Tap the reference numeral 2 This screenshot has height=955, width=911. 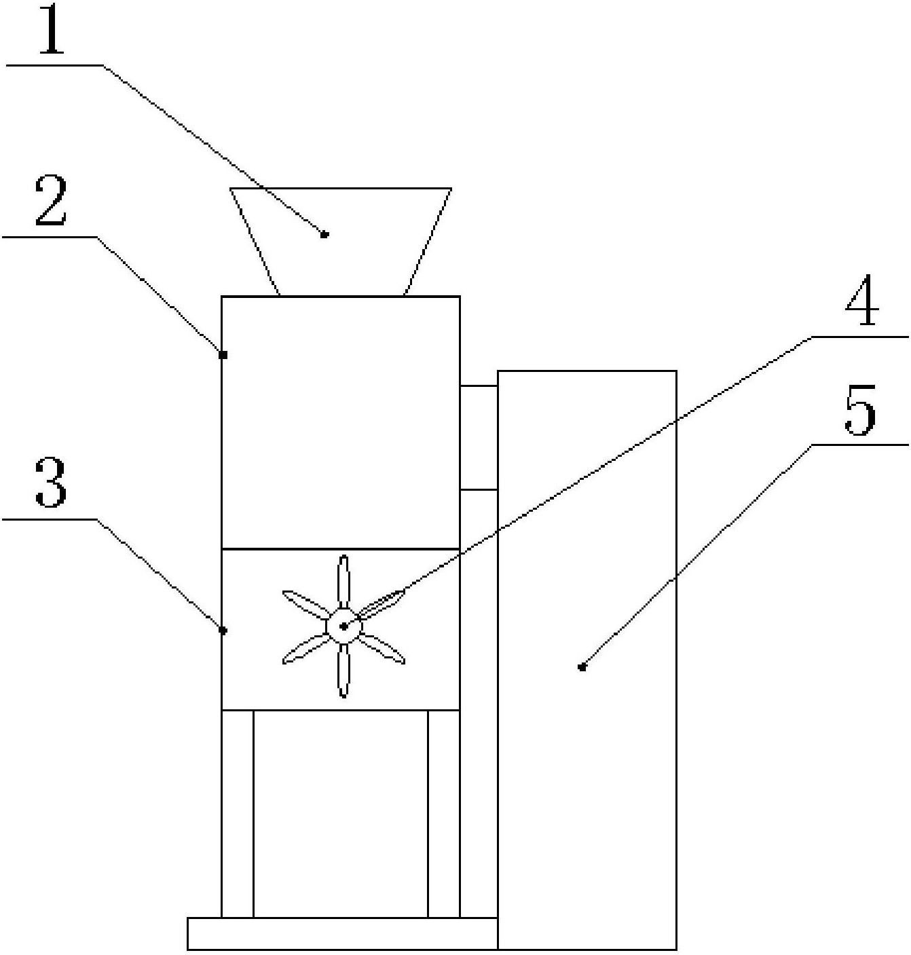pyautogui.click(x=51, y=201)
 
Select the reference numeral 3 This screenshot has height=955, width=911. pyautogui.click(x=51, y=483)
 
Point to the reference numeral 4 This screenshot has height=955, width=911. pyautogui.click(x=863, y=300)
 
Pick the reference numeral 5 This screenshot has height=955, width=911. pyautogui.click(x=861, y=409)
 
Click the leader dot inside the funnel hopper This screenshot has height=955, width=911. pyautogui.click(x=324, y=235)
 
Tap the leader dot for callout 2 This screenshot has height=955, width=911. pyautogui.click(x=223, y=355)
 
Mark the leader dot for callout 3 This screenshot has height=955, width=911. pyautogui.click(x=223, y=631)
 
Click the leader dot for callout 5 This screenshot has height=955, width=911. pyautogui.click(x=582, y=667)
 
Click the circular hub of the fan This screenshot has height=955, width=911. pyautogui.click(x=344, y=626)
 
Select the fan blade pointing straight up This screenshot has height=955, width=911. pyautogui.click(x=343, y=582)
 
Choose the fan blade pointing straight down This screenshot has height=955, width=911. pyautogui.click(x=344, y=671)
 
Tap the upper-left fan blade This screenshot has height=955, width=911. pyautogui.click(x=305, y=605)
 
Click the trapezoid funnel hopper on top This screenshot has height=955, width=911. pyautogui.click(x=341, y=242)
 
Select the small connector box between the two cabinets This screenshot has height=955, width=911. pyautogui.click(x=479, y=438)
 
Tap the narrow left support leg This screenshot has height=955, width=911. pyautogui.click(x=238, y=814)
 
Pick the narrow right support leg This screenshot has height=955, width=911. pyautogui.click(x=444, y=814)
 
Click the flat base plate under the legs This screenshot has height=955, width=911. pyautogui.click(x=343, y=934)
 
